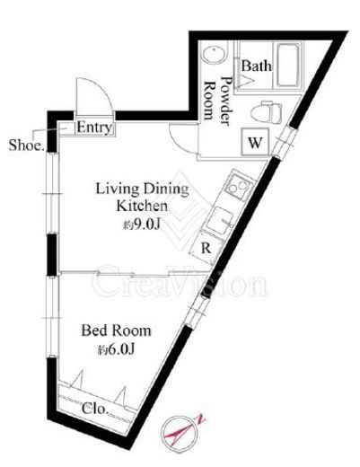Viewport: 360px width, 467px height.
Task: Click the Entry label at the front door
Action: (94, 128)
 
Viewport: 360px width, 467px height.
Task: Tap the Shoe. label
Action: (26, 145)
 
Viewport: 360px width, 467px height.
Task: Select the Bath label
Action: (257, 66)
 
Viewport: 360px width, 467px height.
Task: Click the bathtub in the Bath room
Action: (288, 66)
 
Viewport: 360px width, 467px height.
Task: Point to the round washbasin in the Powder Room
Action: (215, 55)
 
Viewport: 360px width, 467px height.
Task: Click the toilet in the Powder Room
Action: (267, 111)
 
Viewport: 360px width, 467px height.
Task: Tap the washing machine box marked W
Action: (255, 142)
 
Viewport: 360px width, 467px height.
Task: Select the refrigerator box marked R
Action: (206, 247)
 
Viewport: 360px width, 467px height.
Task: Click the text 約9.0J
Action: (141, 225)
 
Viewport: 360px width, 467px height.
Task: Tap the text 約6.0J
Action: (116, 349)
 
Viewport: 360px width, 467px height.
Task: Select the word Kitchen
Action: (142, 207)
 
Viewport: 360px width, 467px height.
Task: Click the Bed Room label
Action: (116, 330)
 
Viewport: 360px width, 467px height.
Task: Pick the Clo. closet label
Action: (94, 409)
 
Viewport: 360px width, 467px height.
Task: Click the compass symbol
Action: (180, 434)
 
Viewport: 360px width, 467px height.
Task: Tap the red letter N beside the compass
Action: (201, 419)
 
